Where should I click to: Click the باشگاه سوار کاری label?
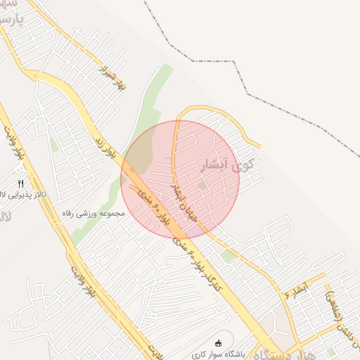pos(219,354)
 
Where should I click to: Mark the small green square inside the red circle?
pos(202,186)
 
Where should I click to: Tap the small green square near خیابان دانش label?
pos(331,350)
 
